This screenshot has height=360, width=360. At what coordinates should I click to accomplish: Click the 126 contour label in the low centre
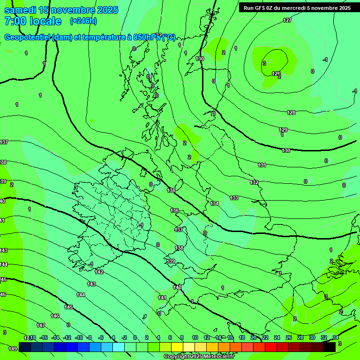276,74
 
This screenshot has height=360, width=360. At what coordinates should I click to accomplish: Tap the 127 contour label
287,20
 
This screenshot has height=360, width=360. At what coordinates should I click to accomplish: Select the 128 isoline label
291,113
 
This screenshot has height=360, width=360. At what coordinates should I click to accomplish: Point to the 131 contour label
262,165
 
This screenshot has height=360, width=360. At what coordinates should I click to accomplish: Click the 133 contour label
234,198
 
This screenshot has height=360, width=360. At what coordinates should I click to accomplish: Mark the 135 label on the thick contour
171,190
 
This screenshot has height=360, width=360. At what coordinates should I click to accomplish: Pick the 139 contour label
171,261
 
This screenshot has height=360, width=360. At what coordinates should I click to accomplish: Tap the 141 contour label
162,298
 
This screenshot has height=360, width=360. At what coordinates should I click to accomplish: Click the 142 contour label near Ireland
99,272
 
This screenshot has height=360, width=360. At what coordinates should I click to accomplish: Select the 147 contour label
41,325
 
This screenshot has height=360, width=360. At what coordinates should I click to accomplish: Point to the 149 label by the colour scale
13,349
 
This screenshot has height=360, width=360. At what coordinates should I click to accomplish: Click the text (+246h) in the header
83,21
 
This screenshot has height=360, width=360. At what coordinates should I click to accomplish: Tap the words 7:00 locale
33,21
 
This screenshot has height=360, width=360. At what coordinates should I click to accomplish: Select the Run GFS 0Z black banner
297,8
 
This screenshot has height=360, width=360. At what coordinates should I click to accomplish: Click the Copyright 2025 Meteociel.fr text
199,357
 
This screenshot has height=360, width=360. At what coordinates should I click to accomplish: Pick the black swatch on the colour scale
329,347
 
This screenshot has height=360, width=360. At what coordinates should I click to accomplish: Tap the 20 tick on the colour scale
254,337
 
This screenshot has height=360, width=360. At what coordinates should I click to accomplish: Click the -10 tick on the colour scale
79,337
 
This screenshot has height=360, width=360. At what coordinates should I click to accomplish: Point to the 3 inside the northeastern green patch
264,63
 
